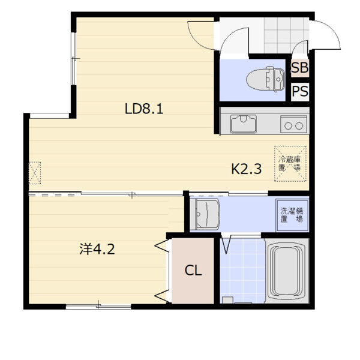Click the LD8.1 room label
[144, 109]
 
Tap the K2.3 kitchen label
[246, 169]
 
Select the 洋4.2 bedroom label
[97, 249]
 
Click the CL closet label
[193, 270]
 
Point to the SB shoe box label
[300, 67]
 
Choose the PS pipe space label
[300, 91]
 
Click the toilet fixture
[266, 79]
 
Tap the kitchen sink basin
[244, 124]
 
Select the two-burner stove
[293, 124]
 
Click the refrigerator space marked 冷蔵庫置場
[290, 164]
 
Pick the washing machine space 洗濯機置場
[292, 215]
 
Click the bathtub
[286, 271]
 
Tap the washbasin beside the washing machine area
[205, 214]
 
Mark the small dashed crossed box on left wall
[35, 173]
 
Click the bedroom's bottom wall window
[98, 306]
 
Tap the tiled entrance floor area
[286, 35]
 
